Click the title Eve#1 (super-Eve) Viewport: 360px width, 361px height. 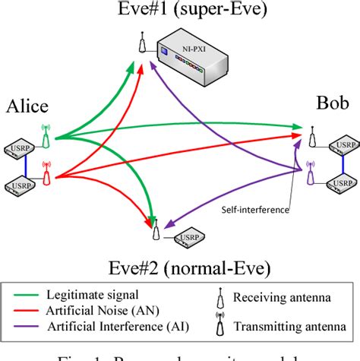click(180, 10)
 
